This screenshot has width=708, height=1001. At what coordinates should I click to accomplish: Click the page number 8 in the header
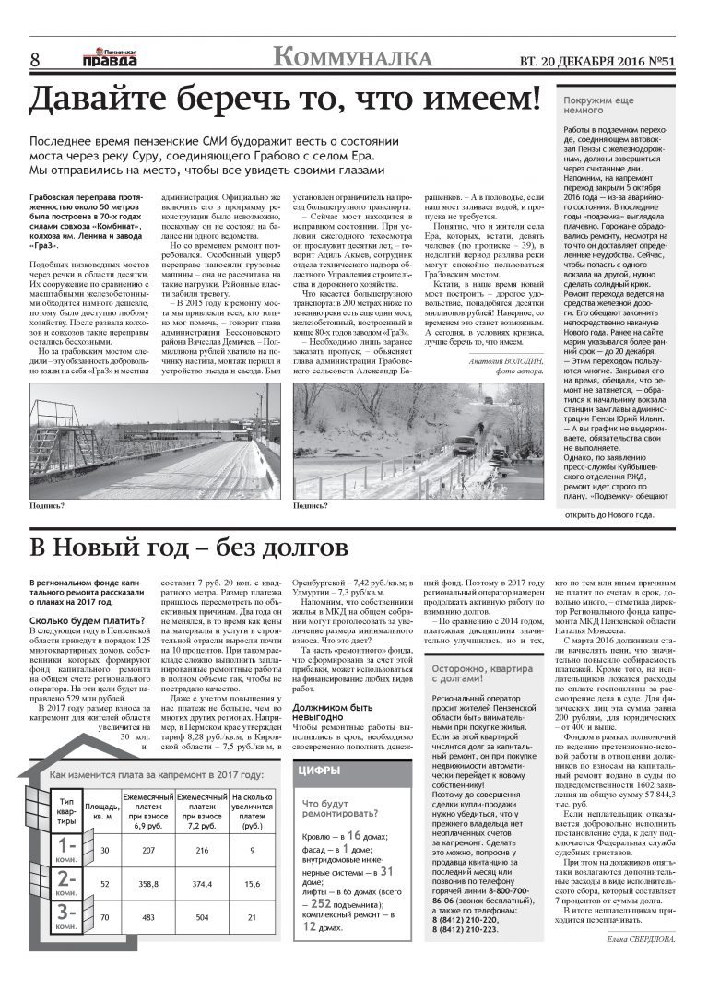tap(35, 59)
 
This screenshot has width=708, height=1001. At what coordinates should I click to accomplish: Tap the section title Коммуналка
tap(353, 57)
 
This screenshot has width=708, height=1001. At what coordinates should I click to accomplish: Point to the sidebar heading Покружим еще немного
tap(599, 102)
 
